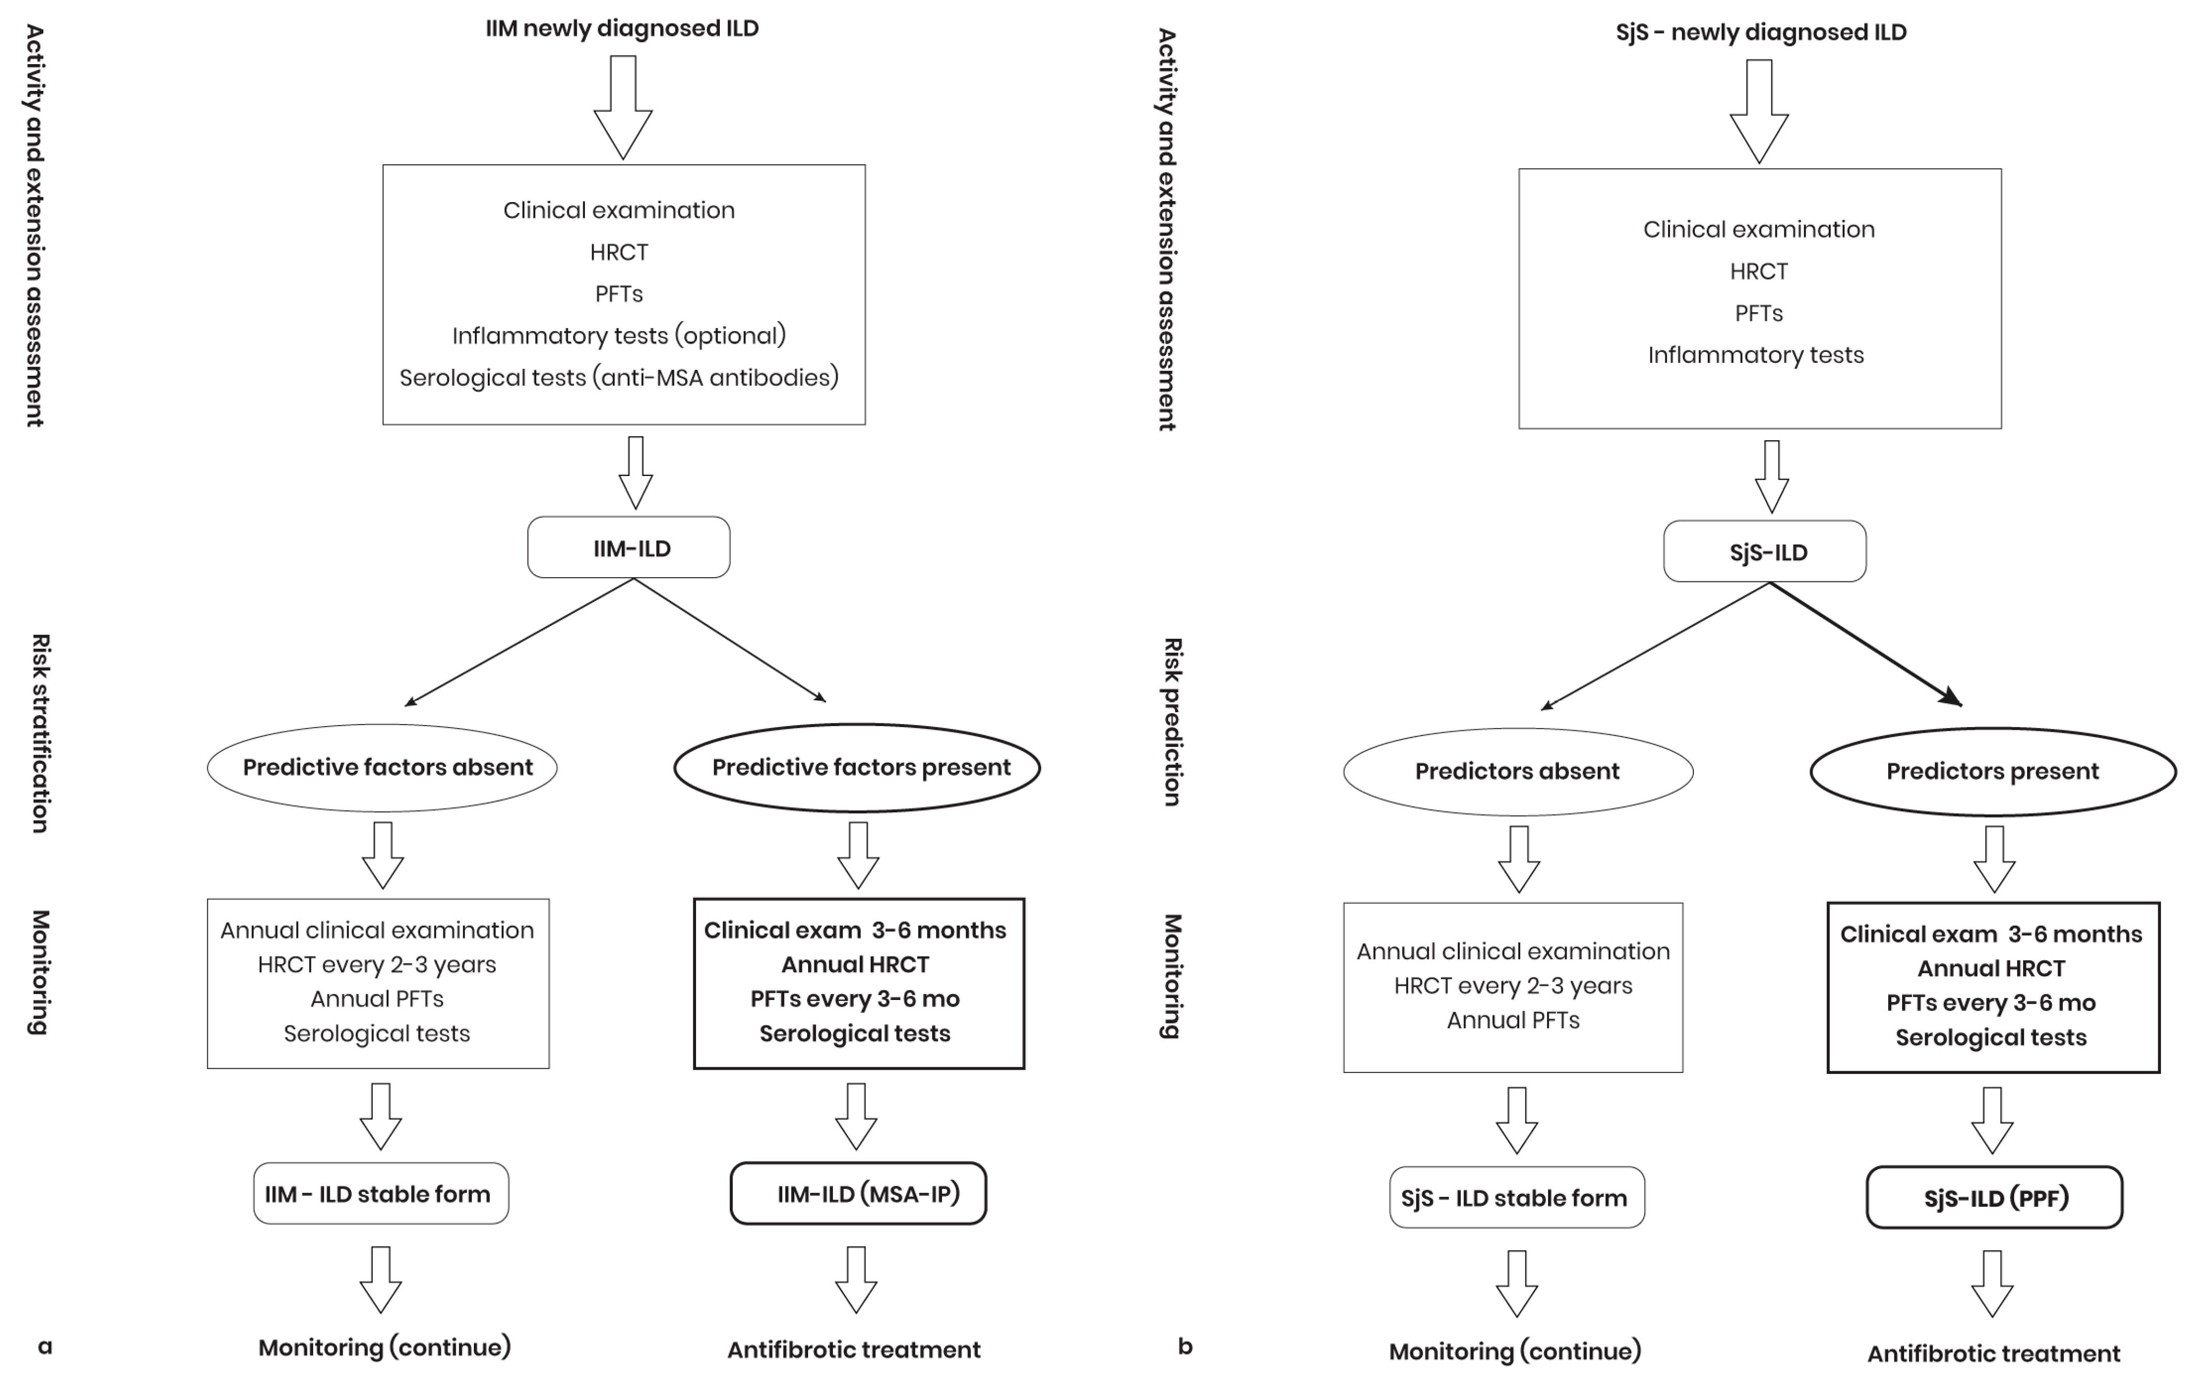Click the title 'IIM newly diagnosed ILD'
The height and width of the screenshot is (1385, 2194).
click(622, 28)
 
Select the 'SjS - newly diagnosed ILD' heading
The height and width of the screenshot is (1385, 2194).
click(1760, 32)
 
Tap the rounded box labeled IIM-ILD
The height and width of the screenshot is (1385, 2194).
click(629, 548)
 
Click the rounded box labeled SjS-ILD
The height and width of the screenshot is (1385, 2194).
click(1765, 551)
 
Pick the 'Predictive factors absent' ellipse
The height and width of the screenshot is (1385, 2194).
click(383, 767)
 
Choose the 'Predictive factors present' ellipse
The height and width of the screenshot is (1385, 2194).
click(857, 767)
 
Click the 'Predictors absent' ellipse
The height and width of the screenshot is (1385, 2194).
click(1518, 771)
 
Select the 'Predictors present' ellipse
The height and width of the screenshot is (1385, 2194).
click(1992, 771)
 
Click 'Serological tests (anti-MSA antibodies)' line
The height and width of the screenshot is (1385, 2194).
click(619, 377)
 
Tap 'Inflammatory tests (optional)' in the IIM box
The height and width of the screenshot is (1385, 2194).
click(619, 335)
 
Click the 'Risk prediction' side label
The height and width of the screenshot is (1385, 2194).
click(1172, 721)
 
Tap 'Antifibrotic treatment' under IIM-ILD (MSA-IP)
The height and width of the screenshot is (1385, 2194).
click(854, 1349)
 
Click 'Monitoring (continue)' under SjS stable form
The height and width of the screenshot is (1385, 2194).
click(1515, 1351)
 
